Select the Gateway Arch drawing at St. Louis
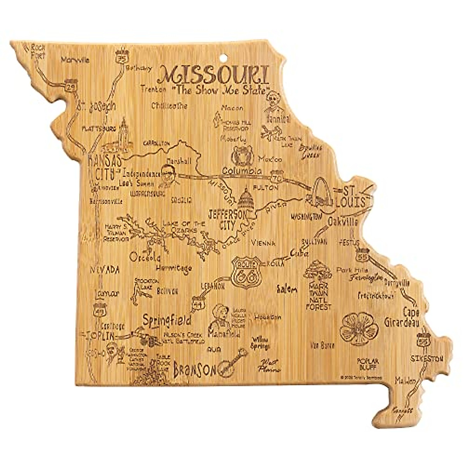coord(321,192)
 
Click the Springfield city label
coord(167,320)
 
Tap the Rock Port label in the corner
coord(38,51)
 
